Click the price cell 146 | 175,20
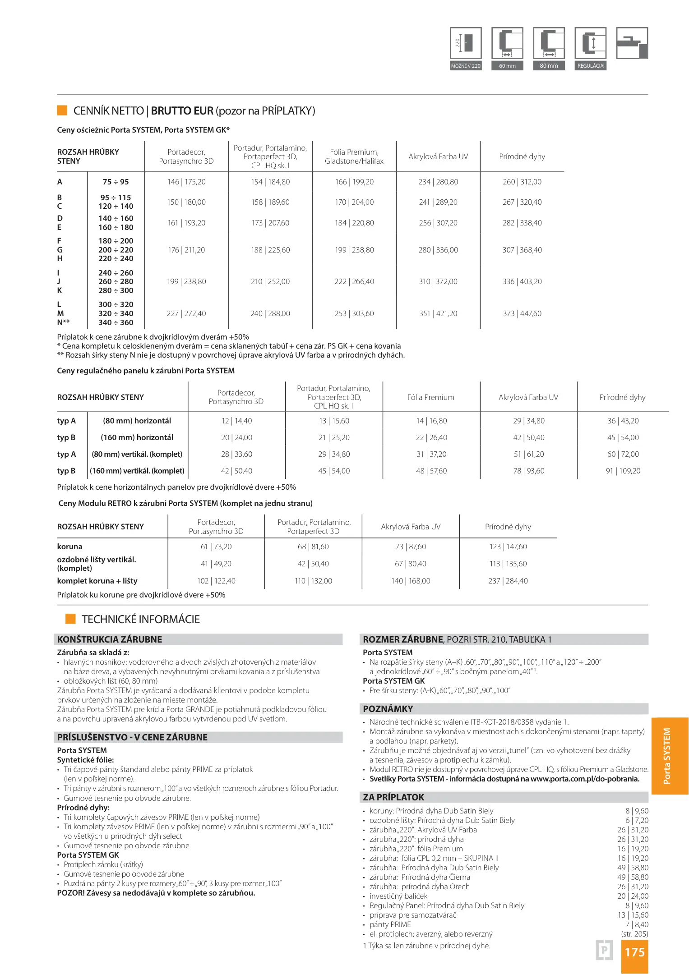pos(186,182)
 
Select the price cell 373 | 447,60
pos(522,313)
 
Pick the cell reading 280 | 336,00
pos(438,250)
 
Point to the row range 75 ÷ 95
pos(116,182)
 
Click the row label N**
pos(63,322)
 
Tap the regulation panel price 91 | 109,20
pos(623,471)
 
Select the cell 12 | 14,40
pos(236,421)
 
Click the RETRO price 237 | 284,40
pos(508,581)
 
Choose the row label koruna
pos(69,547)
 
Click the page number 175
pos(634,952)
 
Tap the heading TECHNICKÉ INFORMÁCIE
pos(140,619)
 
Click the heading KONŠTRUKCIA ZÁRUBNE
pos(110,639)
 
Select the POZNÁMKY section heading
pos(388,708)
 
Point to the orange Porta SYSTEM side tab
pos(669,756)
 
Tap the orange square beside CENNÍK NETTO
pos(62,110)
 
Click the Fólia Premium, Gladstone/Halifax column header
pos(354,156)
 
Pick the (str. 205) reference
pos(634,934)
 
